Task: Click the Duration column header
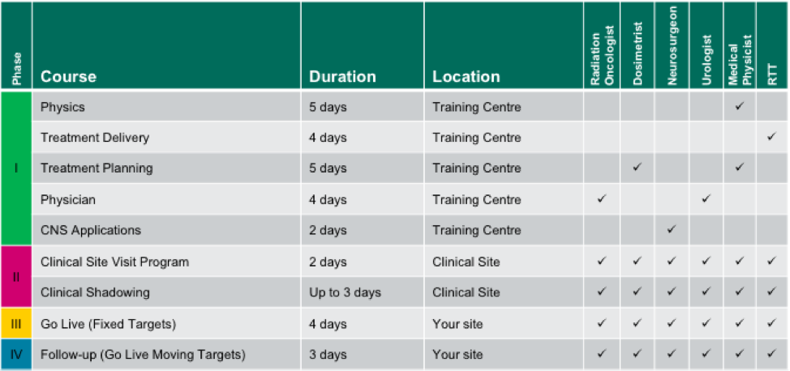342,76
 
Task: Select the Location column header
466,76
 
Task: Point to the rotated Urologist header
706,60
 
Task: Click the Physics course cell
62,107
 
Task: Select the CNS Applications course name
91,231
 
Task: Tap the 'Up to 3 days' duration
346,292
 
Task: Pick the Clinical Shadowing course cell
95,292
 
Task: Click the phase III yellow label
16,324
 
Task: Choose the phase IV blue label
16,355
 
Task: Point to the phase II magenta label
16,276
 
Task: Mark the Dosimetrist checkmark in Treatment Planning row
638,168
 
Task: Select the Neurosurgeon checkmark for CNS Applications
672,230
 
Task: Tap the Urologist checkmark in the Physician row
706,198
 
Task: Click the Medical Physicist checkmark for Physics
739,107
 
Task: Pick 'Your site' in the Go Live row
457,324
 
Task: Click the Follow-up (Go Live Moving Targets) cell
143,355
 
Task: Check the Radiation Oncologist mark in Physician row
601,198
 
